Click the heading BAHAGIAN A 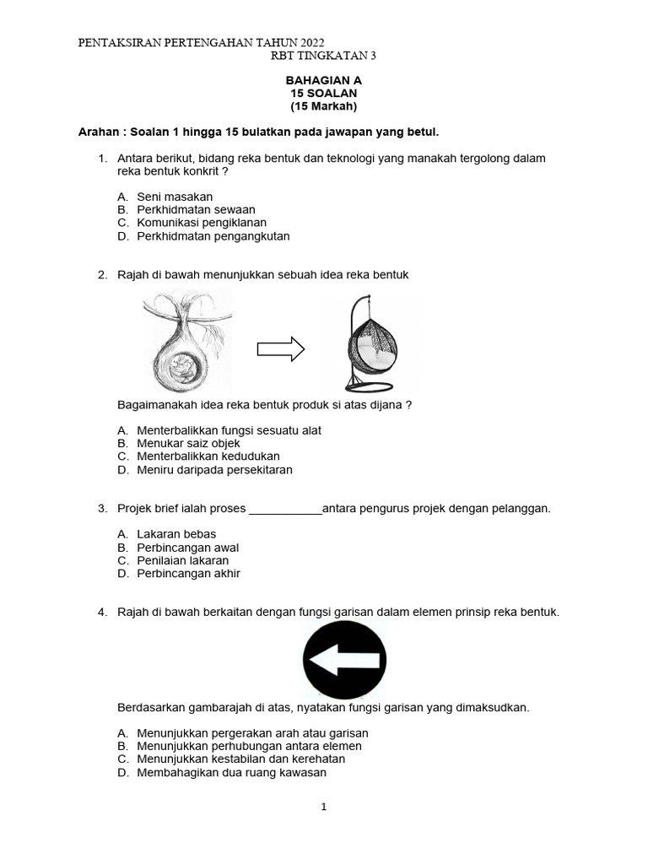[x=323, y=80]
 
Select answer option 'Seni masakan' [x=175, y=197]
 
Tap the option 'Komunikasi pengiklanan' [x=201, y=223]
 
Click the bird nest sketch [x=186, y=341]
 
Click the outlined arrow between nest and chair [x=280, y=348]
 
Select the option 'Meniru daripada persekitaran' [x=214, y=470]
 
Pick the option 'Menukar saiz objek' [x=188, y=443]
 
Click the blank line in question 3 [x=286, y=510]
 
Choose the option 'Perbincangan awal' [x=187, y=548]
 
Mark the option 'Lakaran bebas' [x=176, y=534]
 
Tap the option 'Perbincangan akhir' [x=188, y=574]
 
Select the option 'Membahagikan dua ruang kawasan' [x=231, y=773]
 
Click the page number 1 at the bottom [x=323, y=807]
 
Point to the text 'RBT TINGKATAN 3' [x=323, y=56]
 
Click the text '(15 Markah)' [x=323, y=106]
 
